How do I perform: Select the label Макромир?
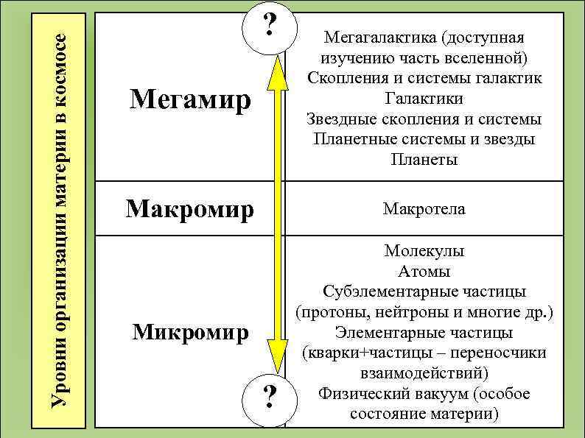tap(190, 209)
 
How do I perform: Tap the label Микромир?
tap(190, 332)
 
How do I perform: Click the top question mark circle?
tap(270, 28)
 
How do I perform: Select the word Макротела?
tap(424, 209)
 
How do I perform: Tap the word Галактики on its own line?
tap(424, 98)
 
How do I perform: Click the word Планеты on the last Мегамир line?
tap(424, 160)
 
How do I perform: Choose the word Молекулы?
tap(424, 251)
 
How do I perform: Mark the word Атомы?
tap(424, 272)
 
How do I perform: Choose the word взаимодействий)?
tap(424, 373)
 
